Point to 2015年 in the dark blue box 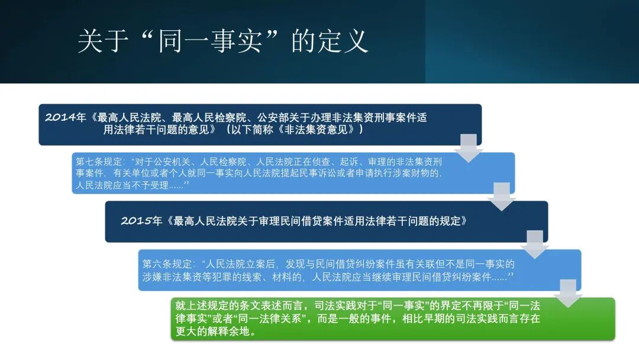pyautogui.click(x=141, y=221)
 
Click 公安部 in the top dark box pyautogui.click(x=274, y=117)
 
